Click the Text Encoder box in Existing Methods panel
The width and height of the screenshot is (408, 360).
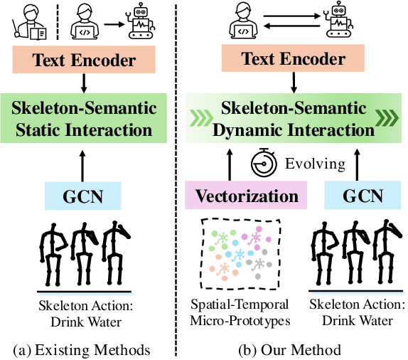(x=84, y=60)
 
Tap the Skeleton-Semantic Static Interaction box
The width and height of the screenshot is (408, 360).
(x=85, y=120)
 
